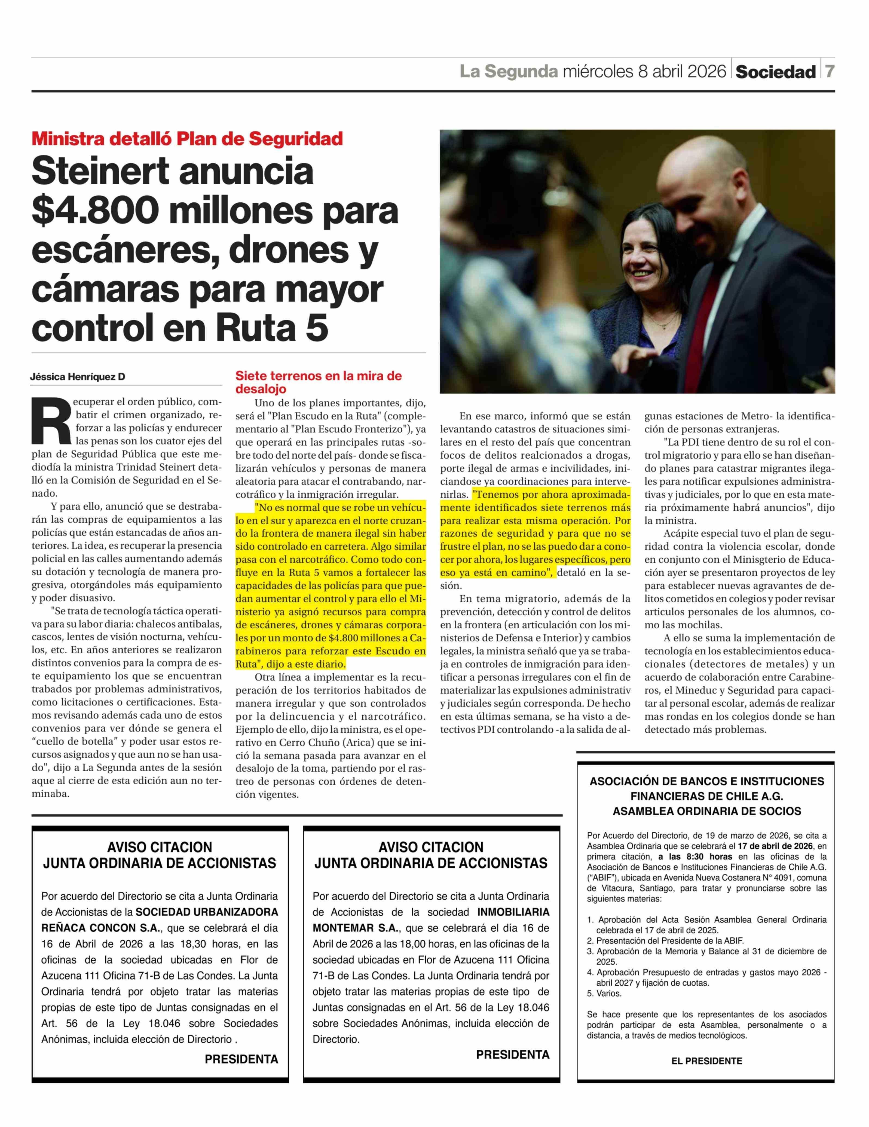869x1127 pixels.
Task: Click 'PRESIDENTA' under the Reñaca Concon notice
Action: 241,1059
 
